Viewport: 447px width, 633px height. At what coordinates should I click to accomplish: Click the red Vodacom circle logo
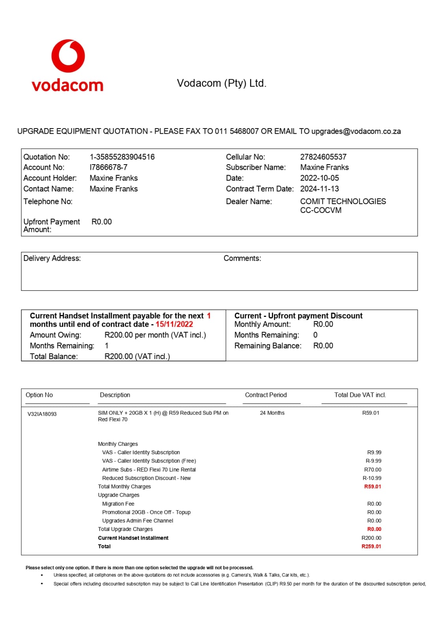click(68, 56)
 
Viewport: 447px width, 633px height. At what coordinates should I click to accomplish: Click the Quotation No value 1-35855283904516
click(122, 157)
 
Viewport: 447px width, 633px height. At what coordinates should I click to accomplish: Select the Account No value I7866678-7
click(108, 167)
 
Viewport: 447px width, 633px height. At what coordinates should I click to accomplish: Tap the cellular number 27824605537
click(323, 157)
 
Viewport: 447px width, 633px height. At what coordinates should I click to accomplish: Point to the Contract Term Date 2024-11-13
click(319, 189)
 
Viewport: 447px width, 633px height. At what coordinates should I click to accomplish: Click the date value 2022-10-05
click(319, 178)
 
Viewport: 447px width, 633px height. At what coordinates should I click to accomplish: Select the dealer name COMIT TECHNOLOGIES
click(343, 201)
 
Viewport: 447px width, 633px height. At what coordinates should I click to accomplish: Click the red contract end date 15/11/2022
click(174, 324)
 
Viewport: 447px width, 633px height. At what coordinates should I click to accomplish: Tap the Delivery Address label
click(52, 258)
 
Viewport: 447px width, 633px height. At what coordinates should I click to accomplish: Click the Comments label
click(242, 258)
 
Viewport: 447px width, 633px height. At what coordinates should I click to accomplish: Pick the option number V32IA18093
click(42, 414)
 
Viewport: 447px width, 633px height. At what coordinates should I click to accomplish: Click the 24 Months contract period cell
click(272, 413)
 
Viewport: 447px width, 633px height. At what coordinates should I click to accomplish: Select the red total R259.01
click(371, 546)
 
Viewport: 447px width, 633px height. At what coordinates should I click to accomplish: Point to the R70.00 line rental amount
click(373, 470)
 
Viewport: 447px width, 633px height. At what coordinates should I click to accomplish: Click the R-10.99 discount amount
click(372, 478)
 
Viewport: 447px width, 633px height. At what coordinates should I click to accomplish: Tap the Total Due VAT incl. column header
click(360, 395)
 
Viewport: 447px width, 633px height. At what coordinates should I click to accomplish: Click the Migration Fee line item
click(118, 504)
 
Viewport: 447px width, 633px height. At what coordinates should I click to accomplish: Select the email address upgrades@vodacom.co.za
click(356, 131)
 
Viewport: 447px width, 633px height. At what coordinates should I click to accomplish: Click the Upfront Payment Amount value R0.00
click(102, 222)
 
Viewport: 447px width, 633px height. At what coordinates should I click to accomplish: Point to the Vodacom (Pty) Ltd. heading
click(222, 83)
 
